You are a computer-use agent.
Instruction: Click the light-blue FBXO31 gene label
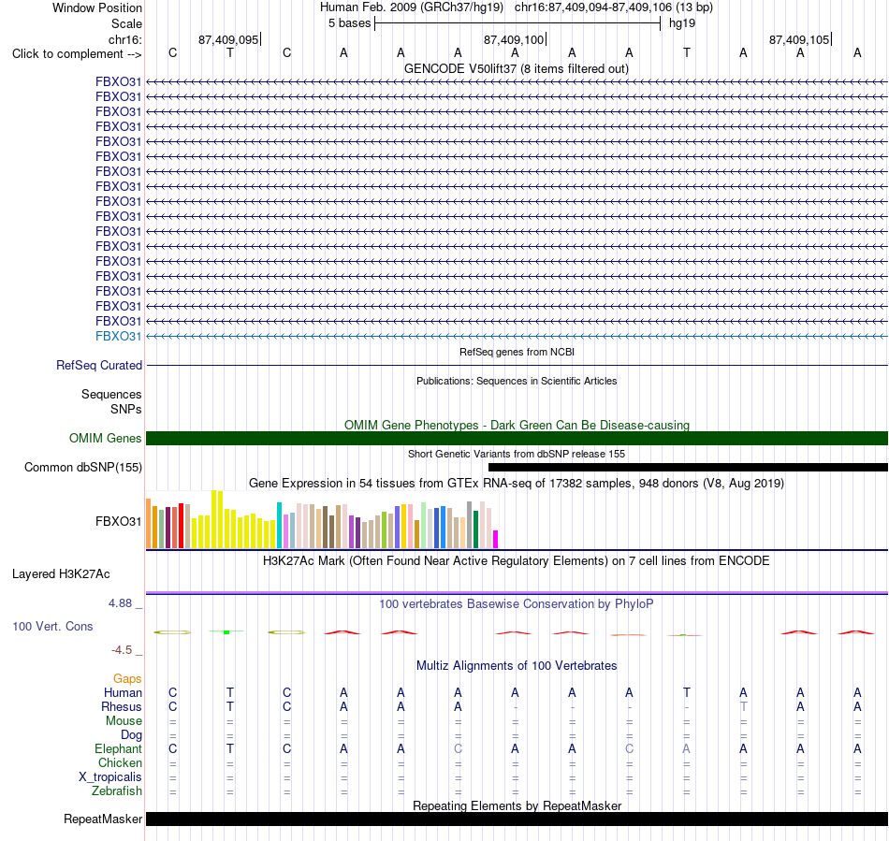pyautogui.click(x=118, y=336)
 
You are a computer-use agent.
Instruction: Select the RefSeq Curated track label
pyautogui.click(x=99, y=365)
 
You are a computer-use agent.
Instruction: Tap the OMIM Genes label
pyautogui.click(x=106, y=438)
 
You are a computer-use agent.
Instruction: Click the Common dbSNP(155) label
pyautogui.click(x=83, y=467)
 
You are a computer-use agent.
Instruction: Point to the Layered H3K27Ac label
pyautogui.click(x=61, y=574)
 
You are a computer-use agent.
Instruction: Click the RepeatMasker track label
pyautogui.click(x=103, y=819)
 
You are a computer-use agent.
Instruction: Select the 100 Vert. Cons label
pyautogui.click(x=52, y=626)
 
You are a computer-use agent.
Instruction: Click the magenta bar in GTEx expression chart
pyautogui.click(x=496, y=540)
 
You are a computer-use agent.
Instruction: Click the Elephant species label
pyautogui.click(x=119, y=748)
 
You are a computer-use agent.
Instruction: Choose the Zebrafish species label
pyautogui.click(x=117, y=790)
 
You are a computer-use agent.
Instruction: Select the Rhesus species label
pyautogui.click(x=122, y=706)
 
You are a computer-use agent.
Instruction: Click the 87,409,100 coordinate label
pyautogui.click(x=514, y=39)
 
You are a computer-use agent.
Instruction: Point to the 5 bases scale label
pyautogui.click(x=349, y=23)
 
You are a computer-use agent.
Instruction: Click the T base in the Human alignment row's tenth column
pyautogui.click(x=687, y=692)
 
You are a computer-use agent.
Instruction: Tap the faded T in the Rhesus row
pyautogui.click(x=743, y=706)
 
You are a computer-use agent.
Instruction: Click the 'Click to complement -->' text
pyautogui.click(x=77, y=54)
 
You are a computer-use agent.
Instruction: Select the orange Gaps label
pyautogui.click(x=127, y=678)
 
